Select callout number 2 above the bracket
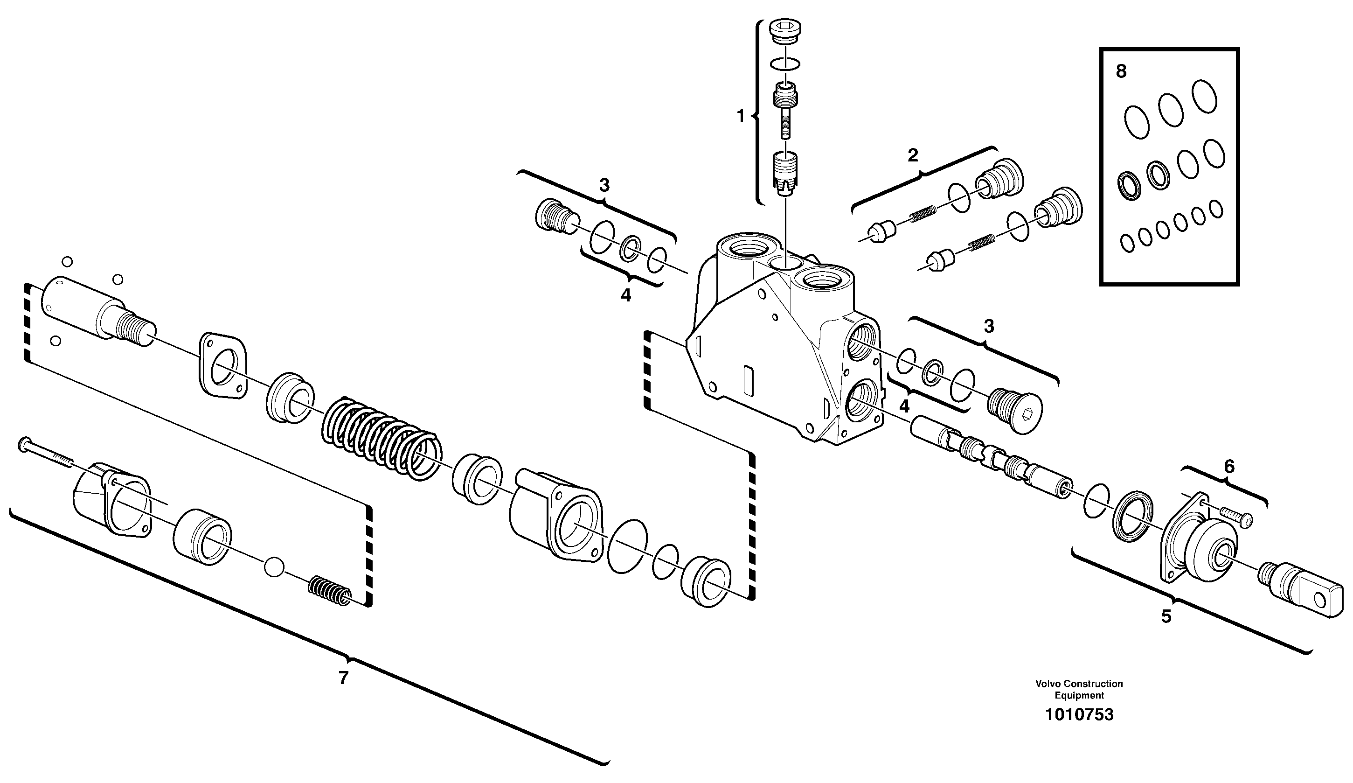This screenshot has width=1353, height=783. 913,156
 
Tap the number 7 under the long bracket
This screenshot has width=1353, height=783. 344,678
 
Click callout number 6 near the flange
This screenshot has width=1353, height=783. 1229,467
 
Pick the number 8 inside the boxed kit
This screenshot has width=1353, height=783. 1121,71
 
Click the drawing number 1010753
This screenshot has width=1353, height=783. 1079,715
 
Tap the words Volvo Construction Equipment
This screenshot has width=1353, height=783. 1079,690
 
